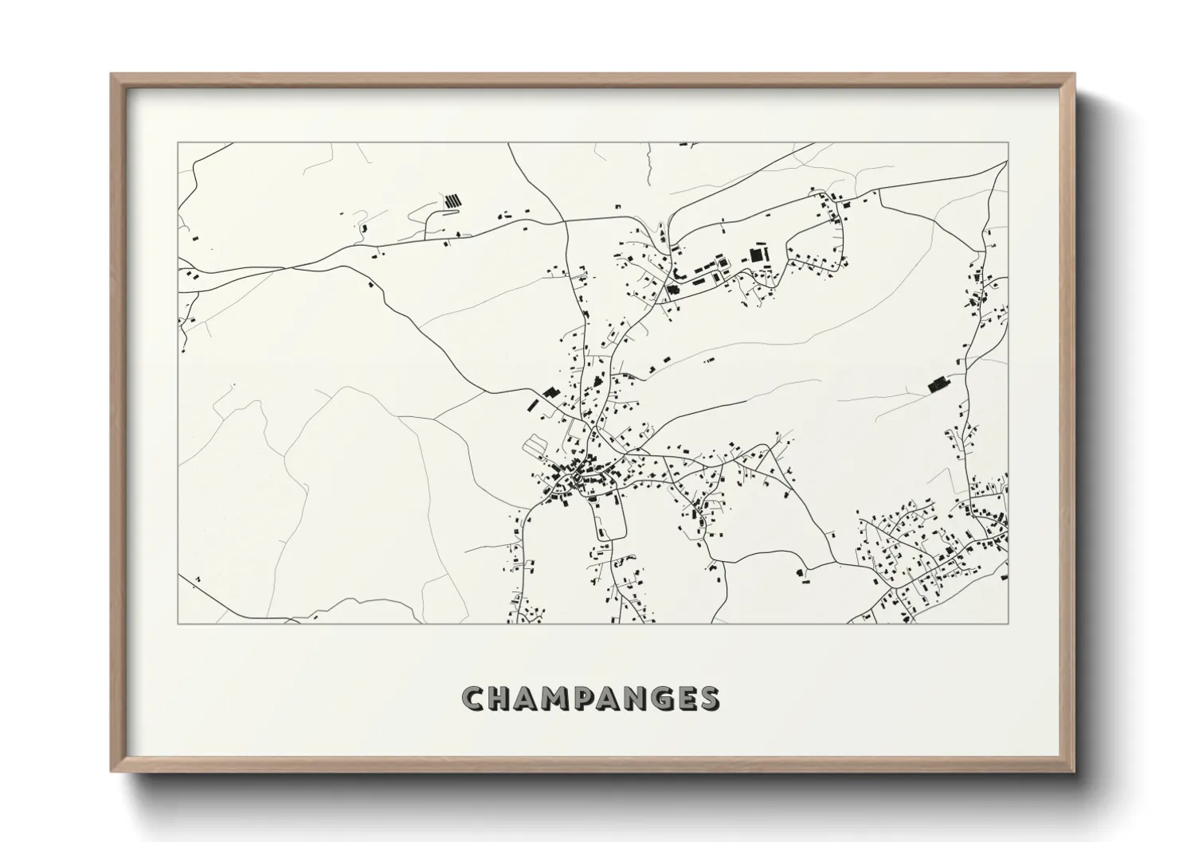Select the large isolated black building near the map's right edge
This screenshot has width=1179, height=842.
938,384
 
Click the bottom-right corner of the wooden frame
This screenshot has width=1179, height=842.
1073,771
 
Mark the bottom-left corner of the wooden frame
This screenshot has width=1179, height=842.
112,771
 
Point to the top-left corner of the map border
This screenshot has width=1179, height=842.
178,143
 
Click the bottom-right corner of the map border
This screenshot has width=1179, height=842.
1008,623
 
